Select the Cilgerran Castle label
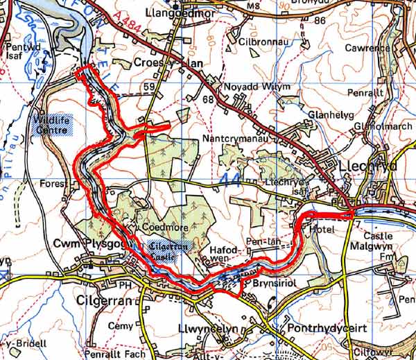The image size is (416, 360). pos(167,250)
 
